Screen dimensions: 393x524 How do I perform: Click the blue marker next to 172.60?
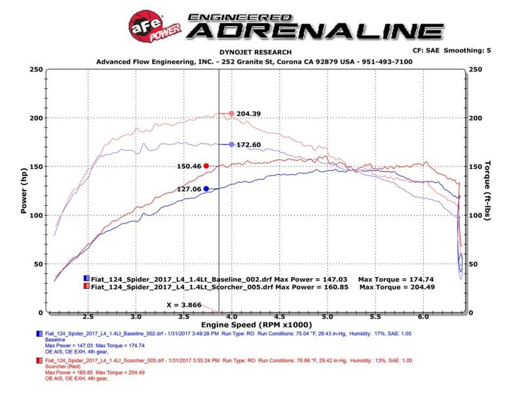[231, 144]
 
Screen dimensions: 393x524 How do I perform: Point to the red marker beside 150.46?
[206, 166]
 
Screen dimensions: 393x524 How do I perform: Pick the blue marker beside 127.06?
[206, 189]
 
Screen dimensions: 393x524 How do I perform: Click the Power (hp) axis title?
[24, 190]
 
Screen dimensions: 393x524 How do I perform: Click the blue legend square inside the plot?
[87, 279]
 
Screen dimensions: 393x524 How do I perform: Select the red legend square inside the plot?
[87, 287]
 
